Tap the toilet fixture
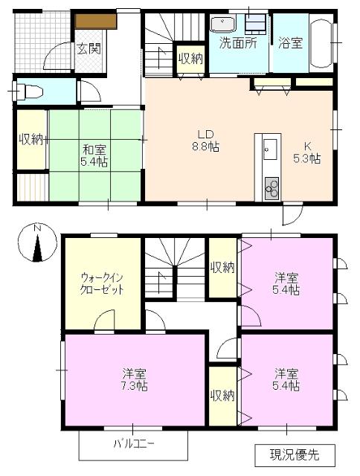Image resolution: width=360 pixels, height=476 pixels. click(x=30, y=92)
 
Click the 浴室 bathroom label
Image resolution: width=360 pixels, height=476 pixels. click(x=290, y=42)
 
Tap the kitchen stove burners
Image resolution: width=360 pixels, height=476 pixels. click(x=269, y=188)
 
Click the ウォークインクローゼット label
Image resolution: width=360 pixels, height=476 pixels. click(x=101, y=283)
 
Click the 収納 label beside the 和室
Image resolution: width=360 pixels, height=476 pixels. click(x=30, y=138)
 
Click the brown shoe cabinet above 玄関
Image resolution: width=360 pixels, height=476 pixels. click(x=94, y=21)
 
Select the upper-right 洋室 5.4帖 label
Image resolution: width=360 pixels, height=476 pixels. click(x=286, y=284)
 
